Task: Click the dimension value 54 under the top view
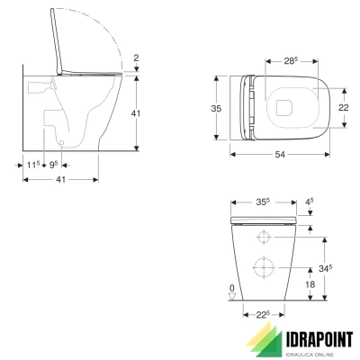click(x=281, y=155)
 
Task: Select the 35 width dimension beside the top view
click(x=216, y=106)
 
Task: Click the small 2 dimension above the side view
click(x=137, y=58)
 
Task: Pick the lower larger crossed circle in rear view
click(x=264, y=269)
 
